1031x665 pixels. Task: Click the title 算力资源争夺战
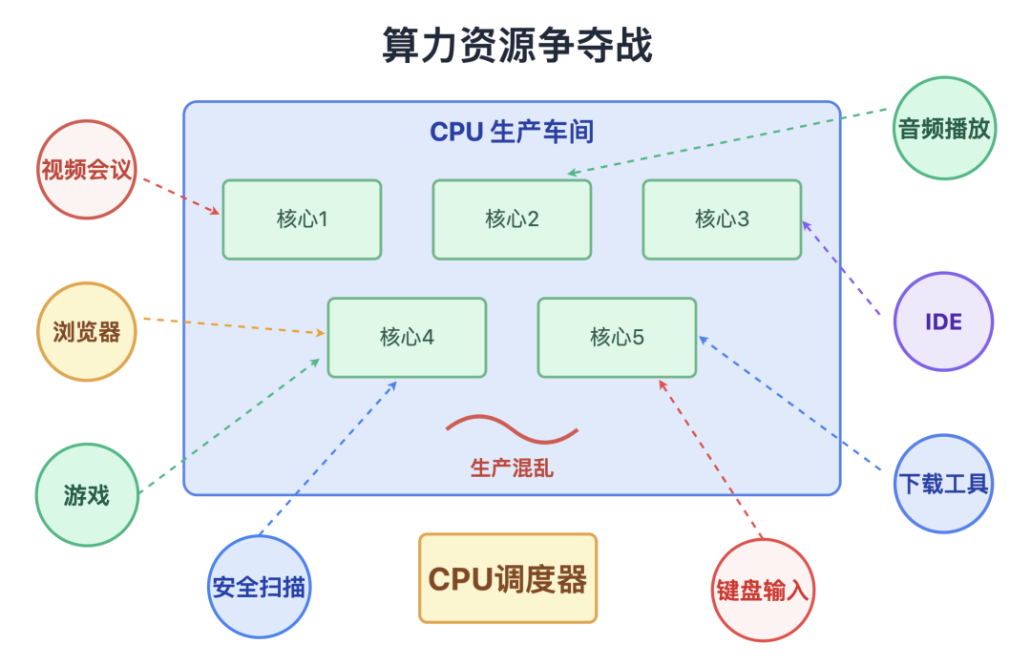[516, 46]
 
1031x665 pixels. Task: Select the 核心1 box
[302, 219]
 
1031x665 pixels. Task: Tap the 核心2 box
[512, 219]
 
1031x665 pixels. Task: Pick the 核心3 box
[722, 219]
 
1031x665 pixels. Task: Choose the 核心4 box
[407, 337]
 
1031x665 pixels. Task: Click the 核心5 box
[617, 337]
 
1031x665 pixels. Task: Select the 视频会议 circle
[87, 170]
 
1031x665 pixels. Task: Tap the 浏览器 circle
[87, 331]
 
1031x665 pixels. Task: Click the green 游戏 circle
[87, 496]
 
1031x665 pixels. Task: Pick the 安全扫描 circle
[260, 587]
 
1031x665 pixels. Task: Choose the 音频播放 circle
[945, 129]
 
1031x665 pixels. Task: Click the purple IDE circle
[943, 322]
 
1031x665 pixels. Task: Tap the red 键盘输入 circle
[762, 590]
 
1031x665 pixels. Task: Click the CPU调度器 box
[508, 579]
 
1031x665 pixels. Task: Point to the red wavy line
[512, 428]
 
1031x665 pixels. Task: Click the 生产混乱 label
[512, 468]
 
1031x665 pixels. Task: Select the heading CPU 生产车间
[512, 132]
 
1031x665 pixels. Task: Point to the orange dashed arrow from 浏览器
[234, 325]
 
